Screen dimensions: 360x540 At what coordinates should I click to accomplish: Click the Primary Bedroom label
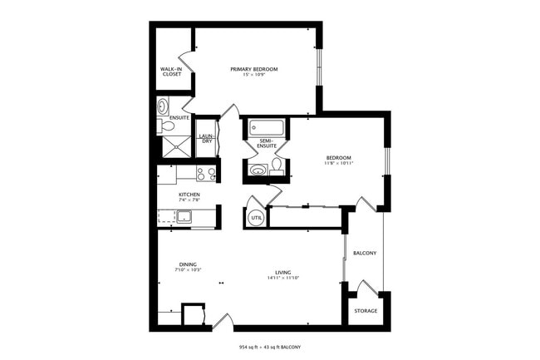(x=253, y=68)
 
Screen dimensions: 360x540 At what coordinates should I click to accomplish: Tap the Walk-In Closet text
(x=171, y=72)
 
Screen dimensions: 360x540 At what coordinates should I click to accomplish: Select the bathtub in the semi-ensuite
(x=266, y=129)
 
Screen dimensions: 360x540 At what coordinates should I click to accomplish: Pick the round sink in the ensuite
(x=163, y=106)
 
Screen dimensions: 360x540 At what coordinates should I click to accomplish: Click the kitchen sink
(x=182, y=218)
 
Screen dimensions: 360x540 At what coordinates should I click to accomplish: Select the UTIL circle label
(x=256, y=217)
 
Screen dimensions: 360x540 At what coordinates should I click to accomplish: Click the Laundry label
(x=206, y=139)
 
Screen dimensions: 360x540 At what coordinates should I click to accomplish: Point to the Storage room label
(x=366, y=311)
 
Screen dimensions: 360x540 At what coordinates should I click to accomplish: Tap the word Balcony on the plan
(x=366, y=253)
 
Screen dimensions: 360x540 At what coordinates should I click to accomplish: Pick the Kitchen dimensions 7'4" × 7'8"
(x=189, y=200)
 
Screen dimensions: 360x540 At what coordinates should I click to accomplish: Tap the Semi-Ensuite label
(x=267, y=143)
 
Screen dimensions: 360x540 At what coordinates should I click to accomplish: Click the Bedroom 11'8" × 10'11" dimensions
(x=338, y=163)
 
